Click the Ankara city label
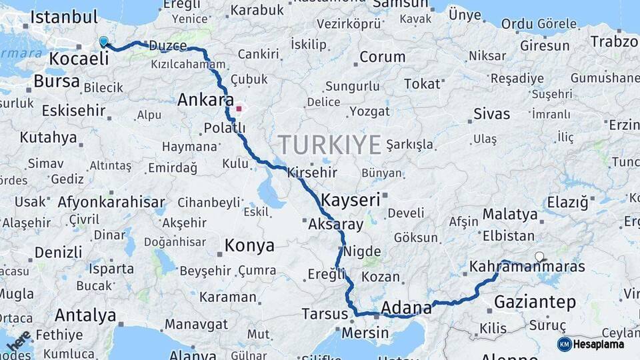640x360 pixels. click(x=205, y=101)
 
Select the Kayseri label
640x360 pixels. click(x=350, y=199)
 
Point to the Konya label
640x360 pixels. click(x=249, y=245)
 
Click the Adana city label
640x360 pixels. click(x=406, y=308)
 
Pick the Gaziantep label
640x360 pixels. click(x=535, y=303)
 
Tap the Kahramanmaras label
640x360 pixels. click(x=527, y=267)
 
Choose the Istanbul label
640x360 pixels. click(x=64, y=17)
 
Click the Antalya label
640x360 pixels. click(x=85, y=315)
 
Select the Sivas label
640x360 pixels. click(x=491, y=114)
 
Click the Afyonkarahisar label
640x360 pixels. click(x=111, y=201)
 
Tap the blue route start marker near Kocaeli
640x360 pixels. click(x=103, y=42)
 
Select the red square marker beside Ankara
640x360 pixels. click(x=239, y=108)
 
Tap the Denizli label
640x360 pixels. click(x=58, y=253)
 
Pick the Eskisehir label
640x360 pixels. click(x=73, y=110)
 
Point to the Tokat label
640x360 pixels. click(x=422, y=84)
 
